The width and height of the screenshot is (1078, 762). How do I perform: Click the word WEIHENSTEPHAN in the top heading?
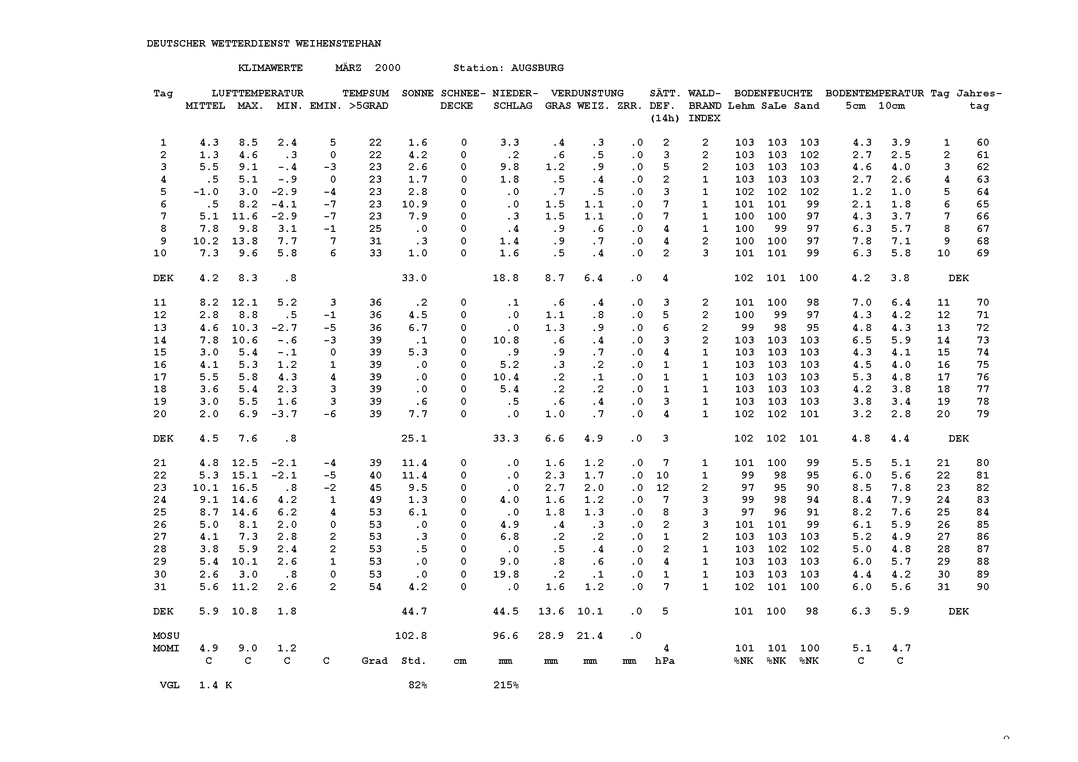[338, 44]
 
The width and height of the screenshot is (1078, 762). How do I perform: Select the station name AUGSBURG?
[537, 68]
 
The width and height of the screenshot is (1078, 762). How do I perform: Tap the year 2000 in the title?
[387, 68]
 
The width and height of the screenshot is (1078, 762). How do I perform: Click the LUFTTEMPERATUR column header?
[257, 94]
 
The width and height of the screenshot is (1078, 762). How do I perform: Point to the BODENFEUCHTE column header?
[773, 94]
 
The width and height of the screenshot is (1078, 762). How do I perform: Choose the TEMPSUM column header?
[365, 94]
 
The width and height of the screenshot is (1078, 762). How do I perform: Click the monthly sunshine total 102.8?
[411, 636]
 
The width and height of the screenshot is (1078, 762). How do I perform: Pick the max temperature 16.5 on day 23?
[245, 488]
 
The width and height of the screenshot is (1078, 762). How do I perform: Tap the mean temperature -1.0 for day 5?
[206, 192]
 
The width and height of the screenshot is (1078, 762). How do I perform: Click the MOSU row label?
[166, 636]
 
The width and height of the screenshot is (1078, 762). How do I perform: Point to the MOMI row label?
[166, 649]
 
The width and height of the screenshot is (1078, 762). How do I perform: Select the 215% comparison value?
[506, 685]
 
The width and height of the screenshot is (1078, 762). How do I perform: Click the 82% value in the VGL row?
[418, 685]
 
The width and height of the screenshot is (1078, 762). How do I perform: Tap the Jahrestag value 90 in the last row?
[983, 587]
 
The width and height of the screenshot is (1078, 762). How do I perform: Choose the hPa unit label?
[665, 661]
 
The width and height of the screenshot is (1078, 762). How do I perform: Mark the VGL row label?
[170, 685]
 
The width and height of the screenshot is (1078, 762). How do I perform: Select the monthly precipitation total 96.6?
[506, 636]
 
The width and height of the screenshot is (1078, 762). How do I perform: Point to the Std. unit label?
[413, 661]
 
